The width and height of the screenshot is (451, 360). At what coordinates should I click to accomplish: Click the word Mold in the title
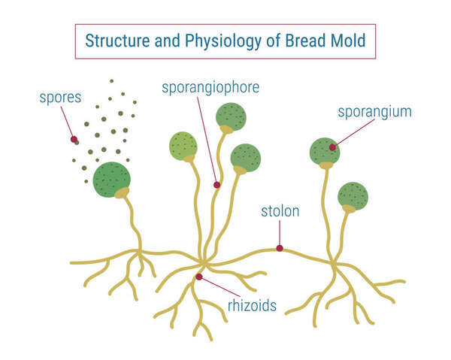point(346,41)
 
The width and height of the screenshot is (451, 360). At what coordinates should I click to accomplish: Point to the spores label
point(61,96)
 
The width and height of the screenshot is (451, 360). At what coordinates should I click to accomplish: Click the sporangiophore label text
point(210,87)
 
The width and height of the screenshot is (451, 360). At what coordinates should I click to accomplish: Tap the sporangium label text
point(374,112)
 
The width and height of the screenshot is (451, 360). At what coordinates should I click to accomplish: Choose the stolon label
point(280,211)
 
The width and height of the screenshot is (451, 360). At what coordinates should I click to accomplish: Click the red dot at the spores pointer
point(74,139)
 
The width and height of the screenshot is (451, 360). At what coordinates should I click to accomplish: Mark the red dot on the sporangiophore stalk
point(216,184)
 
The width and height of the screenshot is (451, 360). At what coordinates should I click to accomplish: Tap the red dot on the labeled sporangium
point(331,147)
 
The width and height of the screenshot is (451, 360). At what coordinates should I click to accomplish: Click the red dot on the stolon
point(280,248)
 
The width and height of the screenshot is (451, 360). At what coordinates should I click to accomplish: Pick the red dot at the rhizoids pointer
point(198,277)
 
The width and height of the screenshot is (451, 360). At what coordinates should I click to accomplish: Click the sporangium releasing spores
point(111,180)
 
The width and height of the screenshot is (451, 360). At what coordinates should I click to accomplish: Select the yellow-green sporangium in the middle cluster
point(183,145)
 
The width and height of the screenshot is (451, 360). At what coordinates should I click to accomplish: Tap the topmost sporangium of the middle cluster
point(231,116)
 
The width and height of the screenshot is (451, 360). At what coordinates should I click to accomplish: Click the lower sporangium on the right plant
point(353,195)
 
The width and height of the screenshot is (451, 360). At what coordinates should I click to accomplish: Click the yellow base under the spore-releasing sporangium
point(122,193)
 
